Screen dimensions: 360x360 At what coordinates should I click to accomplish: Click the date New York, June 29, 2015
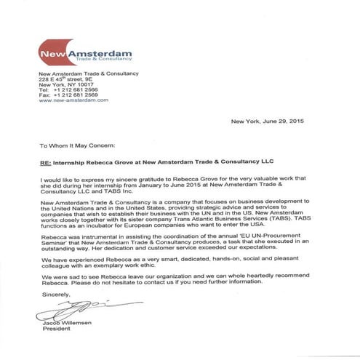tap(276, 121)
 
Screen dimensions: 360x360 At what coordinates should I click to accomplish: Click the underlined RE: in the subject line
tap(44, 161)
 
